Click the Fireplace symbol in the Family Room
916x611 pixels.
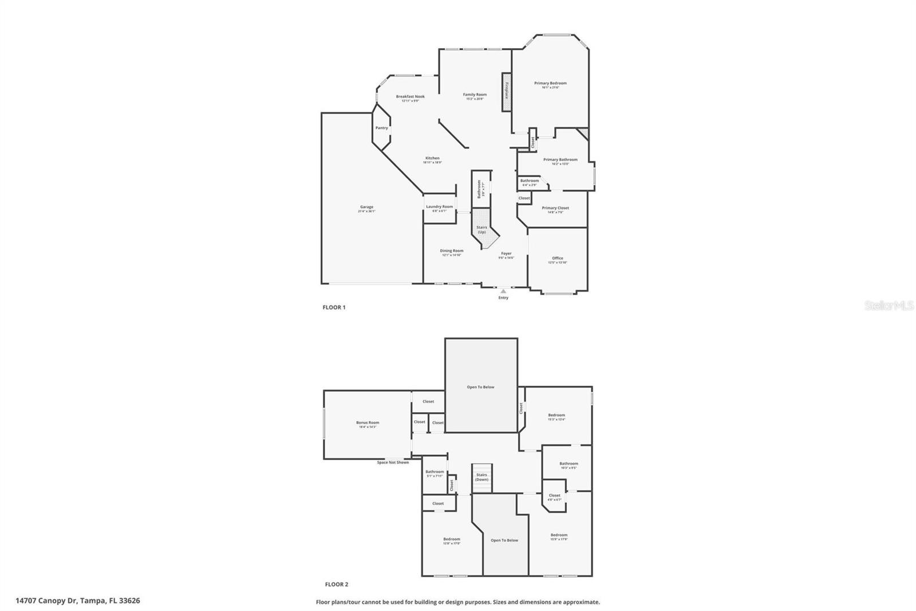pyautogui.click(x=506, y=92)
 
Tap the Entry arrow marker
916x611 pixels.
pyautogui.click(x=503, y=291)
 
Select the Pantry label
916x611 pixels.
pyautogui.click(x=381, y=128)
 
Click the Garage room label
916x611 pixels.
pyautogui.click(x=366, y=207)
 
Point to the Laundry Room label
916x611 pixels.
pyautogui.click(x=439, y=207)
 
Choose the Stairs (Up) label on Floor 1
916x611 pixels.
pyautogui.click(x=481, y=229)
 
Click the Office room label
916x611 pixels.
pyautogui.click(x=558, y=258)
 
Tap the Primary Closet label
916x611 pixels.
pyautogui.click(x=555, y=209)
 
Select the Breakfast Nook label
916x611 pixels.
pyautogui.click(x=410, y=97)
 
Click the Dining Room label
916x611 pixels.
pyautogui.click(x=452, y=251)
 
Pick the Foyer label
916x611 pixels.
pyautogui.click(x=506, y=254)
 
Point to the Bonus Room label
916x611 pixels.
pyautogui.click(x=368, y=423)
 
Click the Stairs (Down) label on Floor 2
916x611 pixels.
pyautogui.click(x=481, y=477)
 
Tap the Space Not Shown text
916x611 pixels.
pyautogui.click(x=393, y=463)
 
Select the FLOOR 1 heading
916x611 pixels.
pyautogui.click(x=334, y=307)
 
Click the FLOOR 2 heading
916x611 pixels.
pyautogui.click(x=337, y=585)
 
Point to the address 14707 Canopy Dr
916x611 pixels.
pyautogui.click(x=78, y=601)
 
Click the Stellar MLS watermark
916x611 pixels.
pyautogui.click(x=889, y=306)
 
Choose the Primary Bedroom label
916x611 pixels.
pyautogui.click(x=550, y=84)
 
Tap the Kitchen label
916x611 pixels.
pyautogui.click(x=432, y=159)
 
